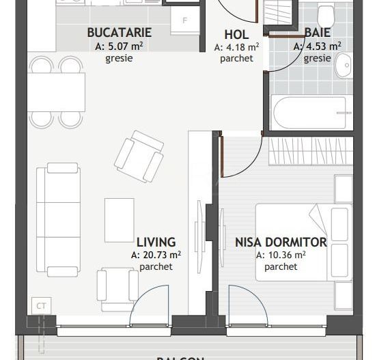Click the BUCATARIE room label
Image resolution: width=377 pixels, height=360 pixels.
pos(120,33)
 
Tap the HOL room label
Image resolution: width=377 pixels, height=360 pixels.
pos(236,35)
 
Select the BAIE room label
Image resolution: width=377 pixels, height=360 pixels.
pos(317,33)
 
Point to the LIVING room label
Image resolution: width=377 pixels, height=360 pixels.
pos(156,242)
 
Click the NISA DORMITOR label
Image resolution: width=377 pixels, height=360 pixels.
pos(281,242)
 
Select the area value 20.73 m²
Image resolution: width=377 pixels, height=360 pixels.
pos(156,255)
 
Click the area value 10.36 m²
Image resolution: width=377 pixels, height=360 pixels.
pos(281,255)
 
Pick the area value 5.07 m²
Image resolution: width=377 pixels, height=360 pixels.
pos(120,46)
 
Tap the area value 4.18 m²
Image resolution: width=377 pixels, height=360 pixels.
pos(236,47)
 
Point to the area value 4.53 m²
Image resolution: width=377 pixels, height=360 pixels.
pos(317,46)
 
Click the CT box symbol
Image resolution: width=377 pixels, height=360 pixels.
pos(41,306)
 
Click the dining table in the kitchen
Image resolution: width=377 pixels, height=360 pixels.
pos(56,91)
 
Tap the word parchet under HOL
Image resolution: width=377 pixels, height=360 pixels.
pos(236,59)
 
